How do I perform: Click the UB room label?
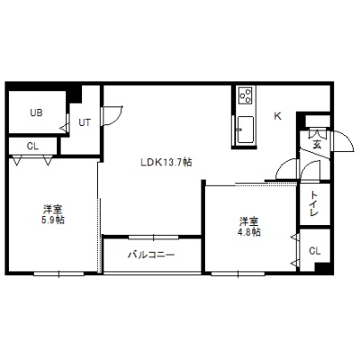click(x=36, y=112)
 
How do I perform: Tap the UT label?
click(x=85, y=122)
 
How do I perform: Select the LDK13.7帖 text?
click(x=166, y=162)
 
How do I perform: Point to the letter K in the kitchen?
click(x=278, y=116)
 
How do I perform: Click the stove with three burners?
click(x=247, y=95)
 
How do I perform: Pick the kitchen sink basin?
click(x=246, y=130)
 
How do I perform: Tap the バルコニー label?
click(x=151, y=255)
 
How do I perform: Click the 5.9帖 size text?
click(x=53, y=220)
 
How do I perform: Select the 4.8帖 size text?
click(x=249, y=232)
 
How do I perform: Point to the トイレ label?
click(x=314, y=203)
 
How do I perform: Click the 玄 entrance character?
click(x=317, y=145)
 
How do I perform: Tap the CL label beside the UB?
click(x=32, y=147)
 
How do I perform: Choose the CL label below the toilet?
click(x=315, y=251)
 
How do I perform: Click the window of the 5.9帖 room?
click(x=58, y=274)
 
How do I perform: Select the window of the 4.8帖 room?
click(x=238, y=274)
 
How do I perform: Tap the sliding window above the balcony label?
click(x=154, y=238)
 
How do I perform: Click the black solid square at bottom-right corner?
click(x=323, y=267)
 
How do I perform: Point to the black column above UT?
click(x=74, y=93)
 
